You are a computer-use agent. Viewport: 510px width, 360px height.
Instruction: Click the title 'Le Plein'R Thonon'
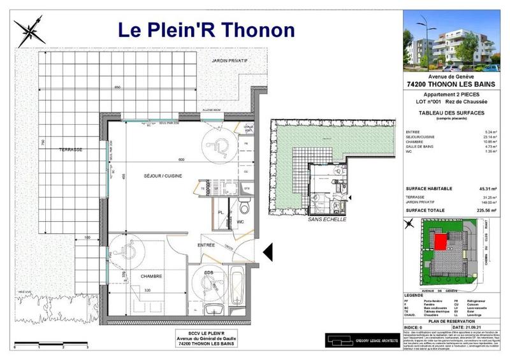coord(207,29)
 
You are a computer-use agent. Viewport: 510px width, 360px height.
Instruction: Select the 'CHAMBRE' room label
coord(152,276)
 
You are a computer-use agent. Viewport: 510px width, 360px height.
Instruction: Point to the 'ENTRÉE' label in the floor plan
coord(206,245)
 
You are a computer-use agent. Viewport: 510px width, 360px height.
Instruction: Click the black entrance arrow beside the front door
coord(268,251)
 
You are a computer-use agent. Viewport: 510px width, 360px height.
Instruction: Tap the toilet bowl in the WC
coord(244,206)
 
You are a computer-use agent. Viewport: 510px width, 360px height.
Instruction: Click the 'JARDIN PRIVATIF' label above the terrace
coord(229,61)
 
